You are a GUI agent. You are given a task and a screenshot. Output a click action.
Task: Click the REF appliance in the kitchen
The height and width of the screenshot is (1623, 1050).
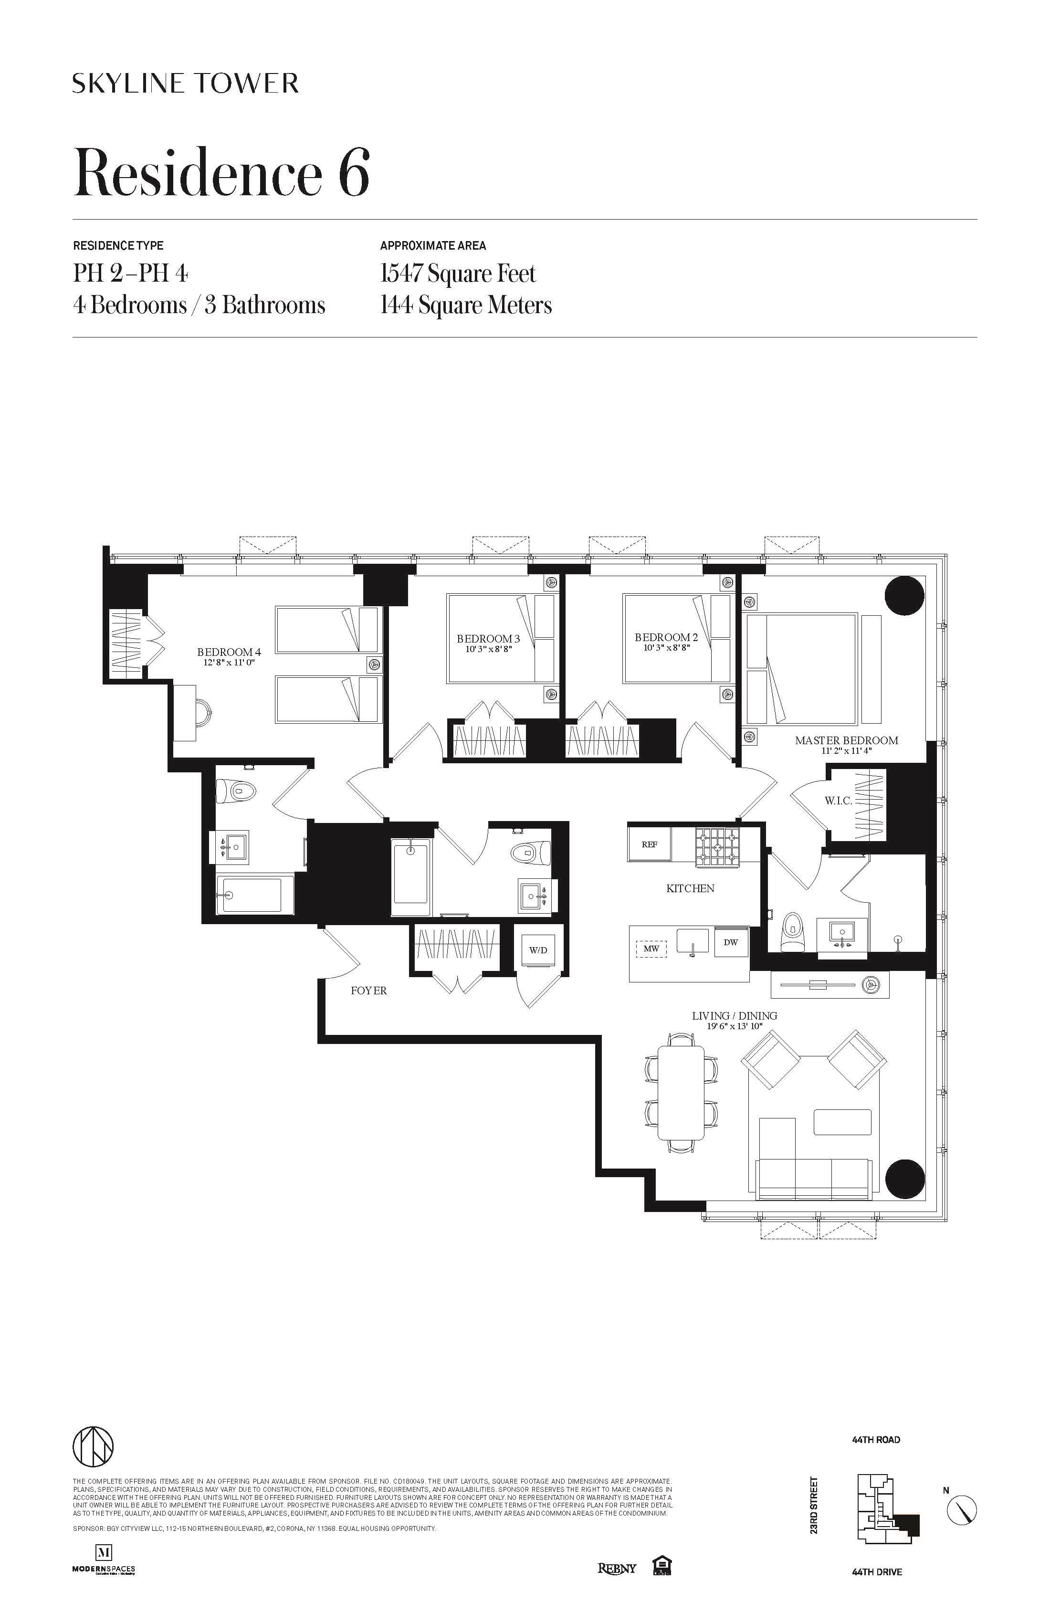[x=649, y=844]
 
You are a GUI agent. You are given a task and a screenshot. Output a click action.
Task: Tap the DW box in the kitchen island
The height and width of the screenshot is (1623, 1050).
[x=730, y=942]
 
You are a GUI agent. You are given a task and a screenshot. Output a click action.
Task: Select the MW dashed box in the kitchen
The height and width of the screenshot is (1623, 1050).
[x=651, y=949]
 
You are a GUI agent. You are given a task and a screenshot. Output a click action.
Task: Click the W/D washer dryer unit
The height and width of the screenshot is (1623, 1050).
[x=538, y=950]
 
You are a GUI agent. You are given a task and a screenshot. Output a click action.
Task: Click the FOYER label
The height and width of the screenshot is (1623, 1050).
[x=369, y=991]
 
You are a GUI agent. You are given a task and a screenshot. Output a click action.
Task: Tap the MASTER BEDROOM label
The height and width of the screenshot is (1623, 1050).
[x=846, y=740]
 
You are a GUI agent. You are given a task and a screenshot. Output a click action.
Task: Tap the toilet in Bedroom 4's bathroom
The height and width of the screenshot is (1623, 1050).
[x=236, y=791]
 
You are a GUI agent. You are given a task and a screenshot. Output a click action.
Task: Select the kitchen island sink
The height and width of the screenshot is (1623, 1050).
[x=693, y=941]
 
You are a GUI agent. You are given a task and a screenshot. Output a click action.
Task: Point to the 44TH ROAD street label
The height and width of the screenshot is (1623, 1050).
[x=875, y=1440]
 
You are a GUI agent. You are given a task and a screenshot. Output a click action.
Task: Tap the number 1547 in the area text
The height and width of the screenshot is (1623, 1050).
[x=401, y=274]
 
